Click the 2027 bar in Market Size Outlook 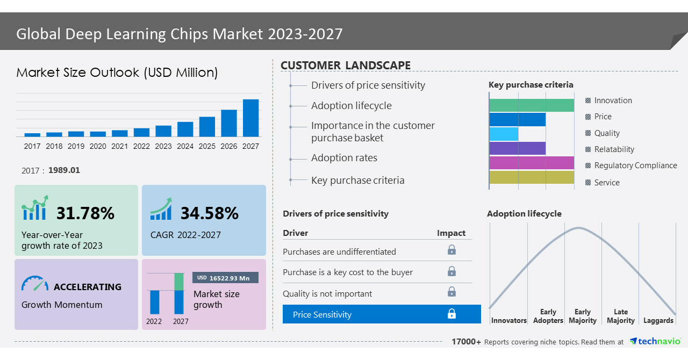(250, 118)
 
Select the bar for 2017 (32, 134)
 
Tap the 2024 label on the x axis (185, 146)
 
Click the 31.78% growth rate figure (85, 213)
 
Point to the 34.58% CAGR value (209, 213)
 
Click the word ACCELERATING (88, 287)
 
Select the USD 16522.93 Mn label (225, 278)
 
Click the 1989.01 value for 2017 (64, 170)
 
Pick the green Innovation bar (532, 105)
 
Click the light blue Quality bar (504, 134)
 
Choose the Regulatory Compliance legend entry (635, 165)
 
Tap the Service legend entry (606, 183)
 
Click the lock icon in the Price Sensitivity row (451, 314)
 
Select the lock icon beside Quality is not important (451, 292)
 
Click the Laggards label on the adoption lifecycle (658, 321)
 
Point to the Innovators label (508, 321)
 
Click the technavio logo (655, 342)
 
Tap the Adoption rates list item (344, 158)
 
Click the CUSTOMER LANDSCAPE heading (346, 66)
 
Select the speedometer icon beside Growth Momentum (35, 284)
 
